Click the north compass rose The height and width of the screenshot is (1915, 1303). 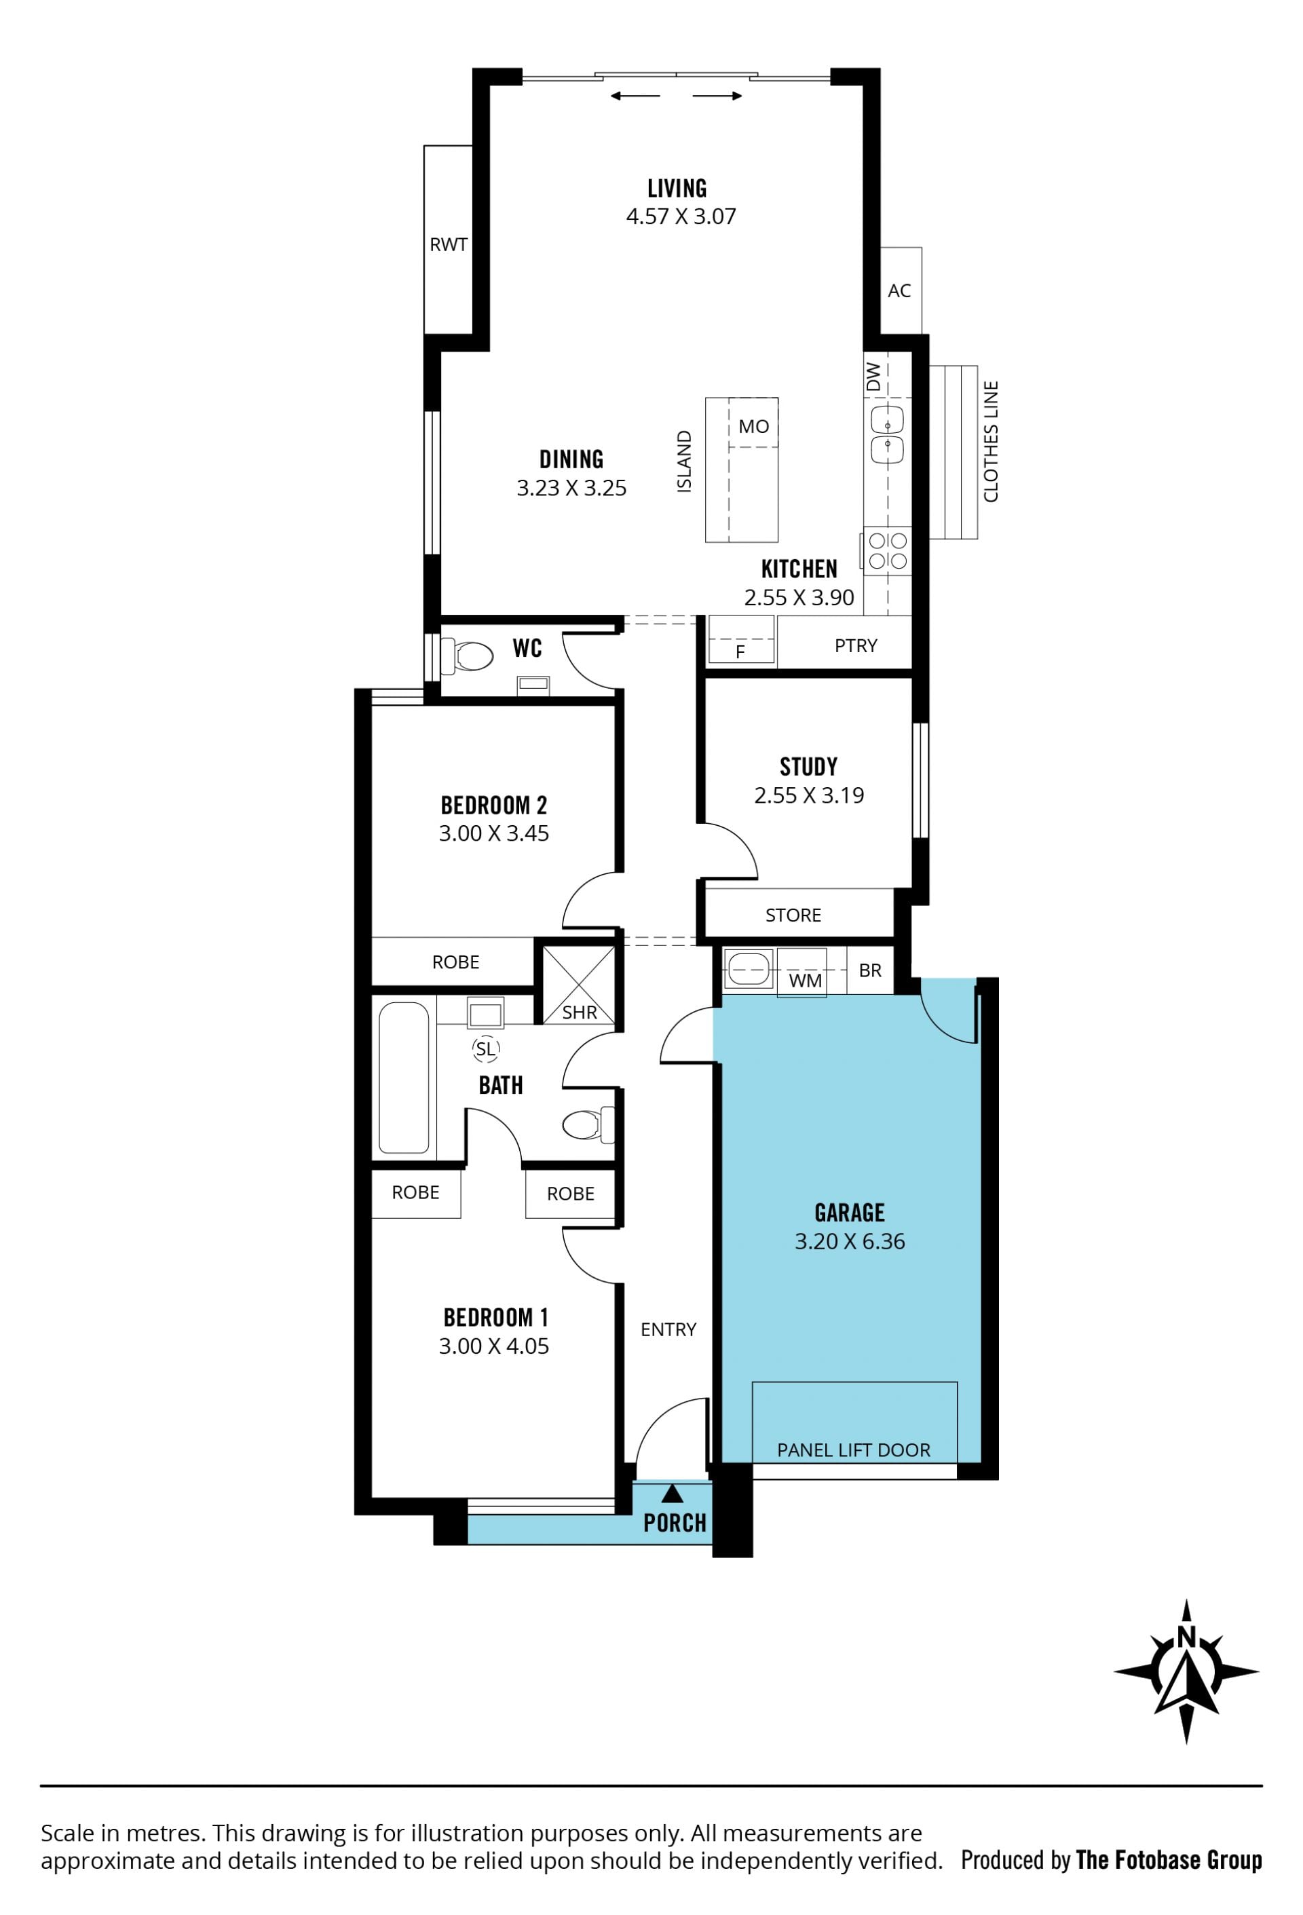click(1186, 1672)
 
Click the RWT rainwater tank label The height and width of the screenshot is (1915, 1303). click(449, 245)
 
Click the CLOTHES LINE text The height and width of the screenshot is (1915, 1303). click(991, 442)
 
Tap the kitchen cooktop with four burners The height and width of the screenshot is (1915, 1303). click(888, 550)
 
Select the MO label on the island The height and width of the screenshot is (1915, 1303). click(753, 427)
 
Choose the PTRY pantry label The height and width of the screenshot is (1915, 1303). click(856, 646)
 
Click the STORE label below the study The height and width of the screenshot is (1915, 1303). click(793, 915)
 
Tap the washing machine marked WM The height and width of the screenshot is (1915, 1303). click(802, 973)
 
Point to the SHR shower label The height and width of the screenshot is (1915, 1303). click(580, 1012)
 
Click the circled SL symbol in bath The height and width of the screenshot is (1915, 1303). click(485, 1049)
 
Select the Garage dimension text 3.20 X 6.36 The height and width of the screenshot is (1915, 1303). click(850, 1241)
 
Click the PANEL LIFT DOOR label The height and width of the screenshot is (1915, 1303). click(854, 1450)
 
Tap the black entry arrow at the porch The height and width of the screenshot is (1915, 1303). click(673, 1492)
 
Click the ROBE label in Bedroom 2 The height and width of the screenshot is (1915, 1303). click(456, 962)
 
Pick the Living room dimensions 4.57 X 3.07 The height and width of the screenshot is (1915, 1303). click(681, 216)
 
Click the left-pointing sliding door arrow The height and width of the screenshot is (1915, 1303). click(635, 96)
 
